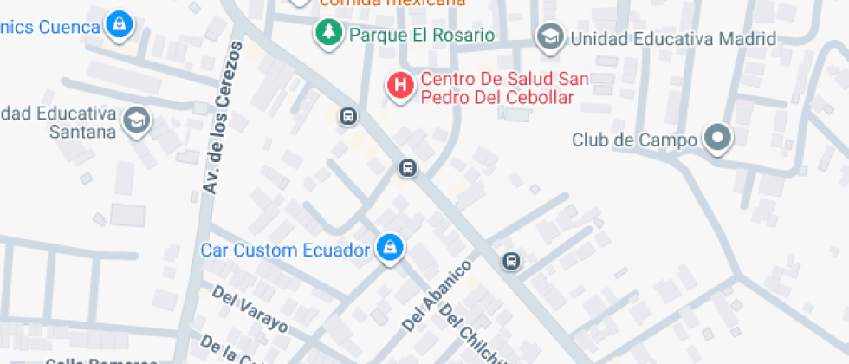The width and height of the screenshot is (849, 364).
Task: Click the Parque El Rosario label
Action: (x=422, y=36)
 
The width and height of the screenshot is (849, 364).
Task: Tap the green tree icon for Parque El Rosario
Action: (x=327, y=34)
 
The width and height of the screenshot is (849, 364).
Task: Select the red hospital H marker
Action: (x=399, y=86)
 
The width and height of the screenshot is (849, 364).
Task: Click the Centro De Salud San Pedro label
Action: (x=505, y=88)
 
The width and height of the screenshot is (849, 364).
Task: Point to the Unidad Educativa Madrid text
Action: (x=672, y=39)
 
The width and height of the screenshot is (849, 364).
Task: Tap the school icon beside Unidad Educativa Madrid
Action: (x=548, y=37)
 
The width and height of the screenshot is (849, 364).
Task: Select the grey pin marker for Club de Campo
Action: (x=717, y=137)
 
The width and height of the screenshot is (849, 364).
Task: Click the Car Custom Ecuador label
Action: (x=286, y=250)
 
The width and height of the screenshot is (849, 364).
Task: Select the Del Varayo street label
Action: (x=250, y=309)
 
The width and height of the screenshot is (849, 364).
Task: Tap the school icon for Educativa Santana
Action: (x=136, y=120)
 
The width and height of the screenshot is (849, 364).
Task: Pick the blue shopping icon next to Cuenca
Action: (x=119, y=25)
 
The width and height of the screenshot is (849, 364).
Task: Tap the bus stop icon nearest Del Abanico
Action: (x=511, y=261)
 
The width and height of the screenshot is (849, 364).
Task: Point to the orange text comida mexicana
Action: (x=392, y=3)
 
